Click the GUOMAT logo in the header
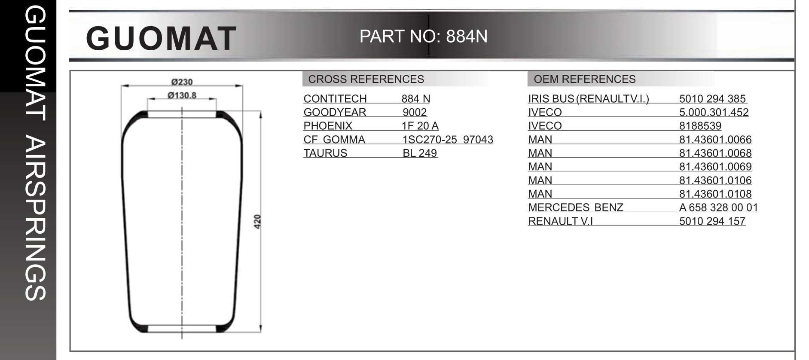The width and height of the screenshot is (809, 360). pyautogui.click(x=161, y=38)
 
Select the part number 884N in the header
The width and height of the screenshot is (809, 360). pyautogui.click(x=467, y=37)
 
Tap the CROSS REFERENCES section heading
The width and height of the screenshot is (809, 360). pyautogui.click(x=366, y=79)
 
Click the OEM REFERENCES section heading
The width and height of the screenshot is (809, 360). pyautogui.click(x=584, y=79)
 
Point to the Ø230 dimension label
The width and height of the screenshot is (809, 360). pyautogui.click(x=182, y=82)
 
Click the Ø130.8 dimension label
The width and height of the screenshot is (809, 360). pyautogui.click(x=182, y=95)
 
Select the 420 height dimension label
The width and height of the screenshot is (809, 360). pyautogui.click(x=258, y=222)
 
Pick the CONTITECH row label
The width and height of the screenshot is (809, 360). pyautogui.click(x=335, y=99)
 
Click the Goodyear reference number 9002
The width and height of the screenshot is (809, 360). pyautogui.click(x=415, y=113)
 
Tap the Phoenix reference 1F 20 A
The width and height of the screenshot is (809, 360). pyautogui.click(x=420, y=126)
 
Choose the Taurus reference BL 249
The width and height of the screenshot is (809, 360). pyautogui.click(x=419, y=153)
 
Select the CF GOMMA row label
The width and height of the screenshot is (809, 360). pyautogui.click(x=334, y=140)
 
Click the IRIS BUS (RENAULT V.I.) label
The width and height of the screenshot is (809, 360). pyautogui.click(x=588, y=99)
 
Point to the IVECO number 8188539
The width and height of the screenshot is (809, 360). pyautogui.click(x=700, y=126)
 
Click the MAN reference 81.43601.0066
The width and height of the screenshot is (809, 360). pyautogui.click(x=715, y=140)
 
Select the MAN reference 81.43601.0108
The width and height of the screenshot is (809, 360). pyautogui.click(x=715, y=194)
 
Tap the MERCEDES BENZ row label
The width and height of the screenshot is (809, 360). pyautogui.click(x=575, y=207)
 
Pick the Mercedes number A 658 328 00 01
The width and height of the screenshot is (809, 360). pyautogui.click(x=718, y=207)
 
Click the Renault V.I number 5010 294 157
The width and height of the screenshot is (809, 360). pyautogui.click(x=712, y=221)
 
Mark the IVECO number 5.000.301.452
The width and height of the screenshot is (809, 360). pyautogui.click(x=714, y=113)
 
